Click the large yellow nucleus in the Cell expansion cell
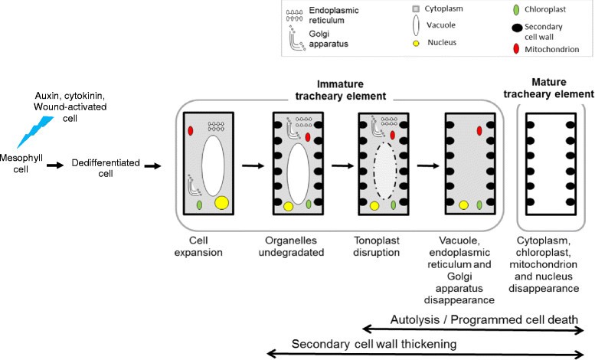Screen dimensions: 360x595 pyautogui.click(x=222, y=203)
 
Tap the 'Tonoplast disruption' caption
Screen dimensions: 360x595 pyautogui.click(x=382, y=246)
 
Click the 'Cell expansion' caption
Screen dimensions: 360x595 pyautogui.click(x=204, y=246)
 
